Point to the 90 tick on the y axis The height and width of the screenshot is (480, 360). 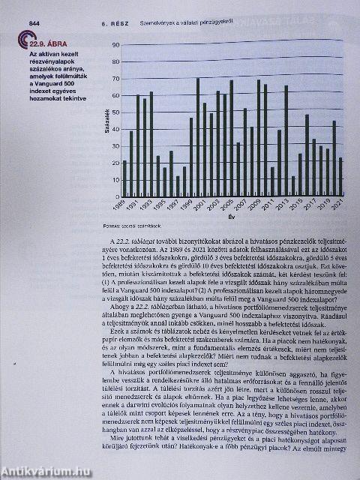[115, 46]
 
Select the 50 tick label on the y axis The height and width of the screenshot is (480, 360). [115, 104]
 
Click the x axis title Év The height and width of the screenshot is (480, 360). [231, 217]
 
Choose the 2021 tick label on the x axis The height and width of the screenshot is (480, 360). [339, 204]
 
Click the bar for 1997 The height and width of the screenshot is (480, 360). [178, 184]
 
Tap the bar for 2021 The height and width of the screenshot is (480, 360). [340, 175]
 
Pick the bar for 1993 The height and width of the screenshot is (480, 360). [151, 142]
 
